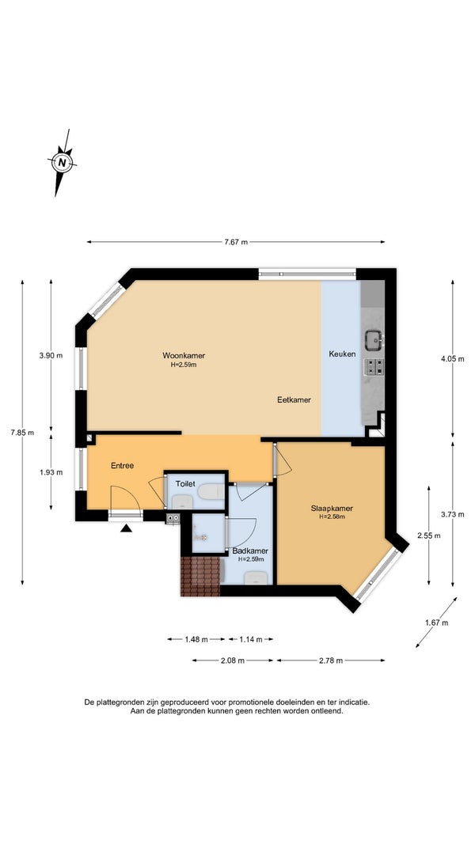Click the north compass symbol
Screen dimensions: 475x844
(62, 162)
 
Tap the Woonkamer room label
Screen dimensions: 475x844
(184, 355)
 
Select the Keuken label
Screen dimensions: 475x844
(343, 354)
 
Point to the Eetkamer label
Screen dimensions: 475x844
(294, 400)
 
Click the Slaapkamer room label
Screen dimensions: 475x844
(332, 508)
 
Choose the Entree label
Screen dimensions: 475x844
(122, 466)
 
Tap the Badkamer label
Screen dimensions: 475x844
(250, 551)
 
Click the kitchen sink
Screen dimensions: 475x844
(373, 340)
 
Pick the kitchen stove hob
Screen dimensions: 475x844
(374, 366)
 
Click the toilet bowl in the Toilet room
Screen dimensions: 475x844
(211, 491)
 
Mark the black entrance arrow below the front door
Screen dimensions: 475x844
(126, 528)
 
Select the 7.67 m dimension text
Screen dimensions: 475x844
(236, 242)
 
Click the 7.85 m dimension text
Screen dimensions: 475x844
(22, 432)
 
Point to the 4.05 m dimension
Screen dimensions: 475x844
(452, 359)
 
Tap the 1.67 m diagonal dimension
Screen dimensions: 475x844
(437, 623)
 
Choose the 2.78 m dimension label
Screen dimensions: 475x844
(331, 660)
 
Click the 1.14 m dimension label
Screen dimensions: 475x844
(250, 639)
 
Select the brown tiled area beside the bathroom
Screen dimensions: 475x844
(200, 577)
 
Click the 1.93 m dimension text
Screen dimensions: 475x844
(51, 472)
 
